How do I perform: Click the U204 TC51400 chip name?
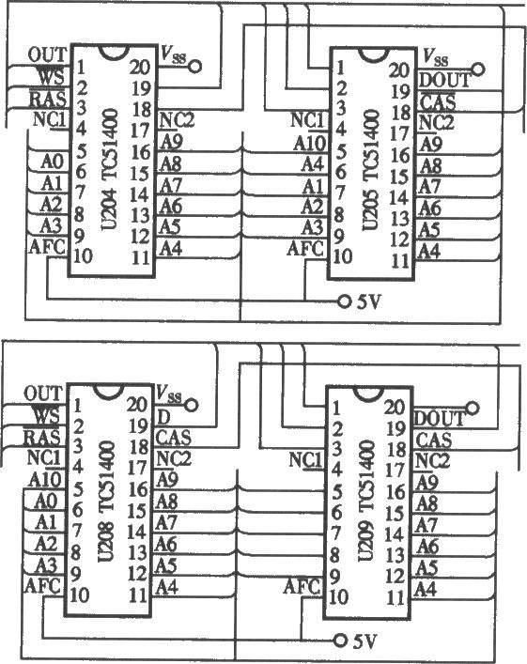(110, 169)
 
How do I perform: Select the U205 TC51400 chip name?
(371, 170)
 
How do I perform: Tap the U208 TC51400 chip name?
(106, 502)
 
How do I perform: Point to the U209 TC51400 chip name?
(367, 501)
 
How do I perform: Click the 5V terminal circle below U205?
(344, 301)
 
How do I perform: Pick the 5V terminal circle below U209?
(340, 641)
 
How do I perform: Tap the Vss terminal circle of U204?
(194, 67)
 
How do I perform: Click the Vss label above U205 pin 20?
(436, 56)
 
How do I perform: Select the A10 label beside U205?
(310, 143)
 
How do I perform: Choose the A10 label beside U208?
(45, 480)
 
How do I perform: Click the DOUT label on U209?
(440, 419)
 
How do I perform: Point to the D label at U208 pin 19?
(163, 417)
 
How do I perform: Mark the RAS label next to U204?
(48, 100)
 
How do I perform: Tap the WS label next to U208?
(48, 415)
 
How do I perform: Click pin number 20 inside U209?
(395, 407)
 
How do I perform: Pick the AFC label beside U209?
(302, 587)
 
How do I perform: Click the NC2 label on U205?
(436, 123)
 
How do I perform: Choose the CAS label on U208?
(174, 438)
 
